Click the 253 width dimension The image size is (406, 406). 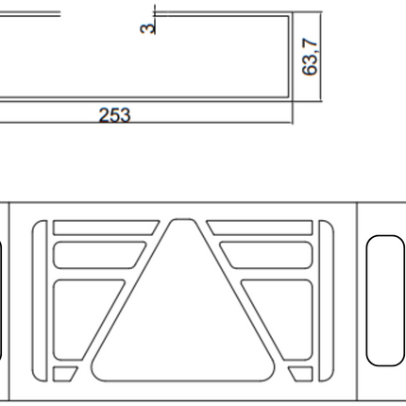click(114, 115)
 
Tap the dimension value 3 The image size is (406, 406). click(146, 27)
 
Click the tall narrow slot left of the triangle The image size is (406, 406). click(39, 302)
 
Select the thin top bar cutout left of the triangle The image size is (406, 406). click(104, 228)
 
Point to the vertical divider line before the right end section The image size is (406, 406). click(360, 302)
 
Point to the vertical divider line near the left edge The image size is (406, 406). click(8, 302)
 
